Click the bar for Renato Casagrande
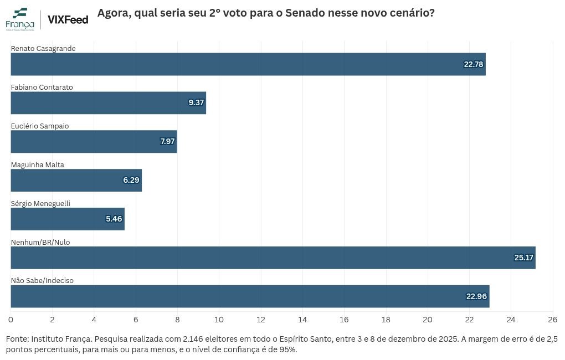tap(248, 64)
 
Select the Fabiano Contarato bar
tap(109, 102)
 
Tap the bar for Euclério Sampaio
tap(94, 142)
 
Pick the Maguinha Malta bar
tap(76, 180)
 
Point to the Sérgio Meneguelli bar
tap(68, 219)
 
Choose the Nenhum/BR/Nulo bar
tap(273, 258)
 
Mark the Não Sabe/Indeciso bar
tap(250, 296)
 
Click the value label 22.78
tap(474, 64)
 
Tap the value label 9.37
tap(196, 102)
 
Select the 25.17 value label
tap(523, 258)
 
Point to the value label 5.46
tap(114, 219)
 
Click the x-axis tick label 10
tap(219, 320)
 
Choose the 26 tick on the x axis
tap(552, 320)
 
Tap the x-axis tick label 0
tap(11, 320)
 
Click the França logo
tap(20, 19)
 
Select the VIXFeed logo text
tap(68, 19)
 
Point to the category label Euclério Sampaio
tap(40, 126)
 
